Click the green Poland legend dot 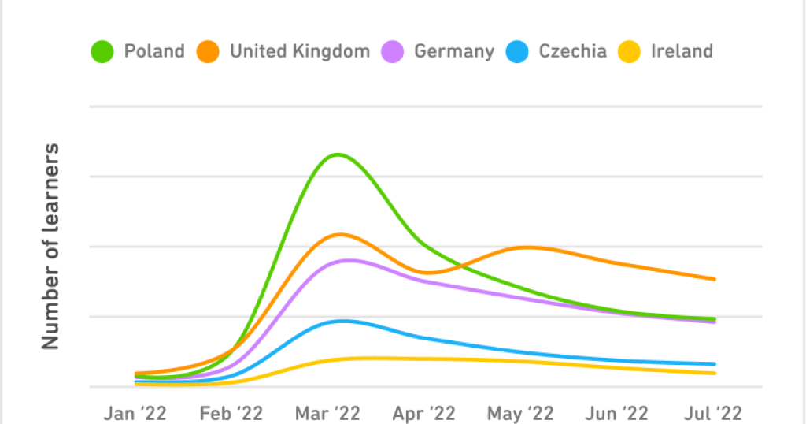102,52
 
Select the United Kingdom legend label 299,52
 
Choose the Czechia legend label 572,52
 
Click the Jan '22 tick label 136,412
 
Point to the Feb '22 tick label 231,412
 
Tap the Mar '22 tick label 328,412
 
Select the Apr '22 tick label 424,412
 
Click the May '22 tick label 521,412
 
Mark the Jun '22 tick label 617,412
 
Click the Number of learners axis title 51,246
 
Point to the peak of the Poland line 338,154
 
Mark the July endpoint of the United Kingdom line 715,279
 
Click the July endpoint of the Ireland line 715,373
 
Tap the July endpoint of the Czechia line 715,364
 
